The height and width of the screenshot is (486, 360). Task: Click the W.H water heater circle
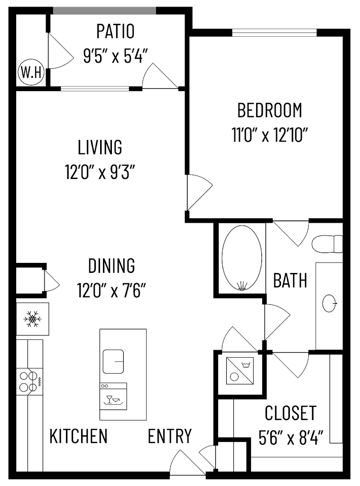pos(31,73)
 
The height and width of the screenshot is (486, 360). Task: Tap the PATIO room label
pos(115,32)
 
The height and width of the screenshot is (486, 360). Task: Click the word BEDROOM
pos(269,110)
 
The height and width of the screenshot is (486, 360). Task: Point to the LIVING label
pos(100,147)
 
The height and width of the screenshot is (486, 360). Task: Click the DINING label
pos(111,265)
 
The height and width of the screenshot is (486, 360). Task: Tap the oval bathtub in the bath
pos(241,257)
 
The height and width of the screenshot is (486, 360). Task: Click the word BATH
pos(290,280)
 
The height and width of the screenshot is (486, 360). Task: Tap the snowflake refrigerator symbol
pos(32,318)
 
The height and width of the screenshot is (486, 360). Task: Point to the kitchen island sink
pos(113,362)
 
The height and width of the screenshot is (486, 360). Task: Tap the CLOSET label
pos(290,413)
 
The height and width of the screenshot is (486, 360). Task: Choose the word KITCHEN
pos(79,436)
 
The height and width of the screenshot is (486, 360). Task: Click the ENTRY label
pos(169,436)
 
